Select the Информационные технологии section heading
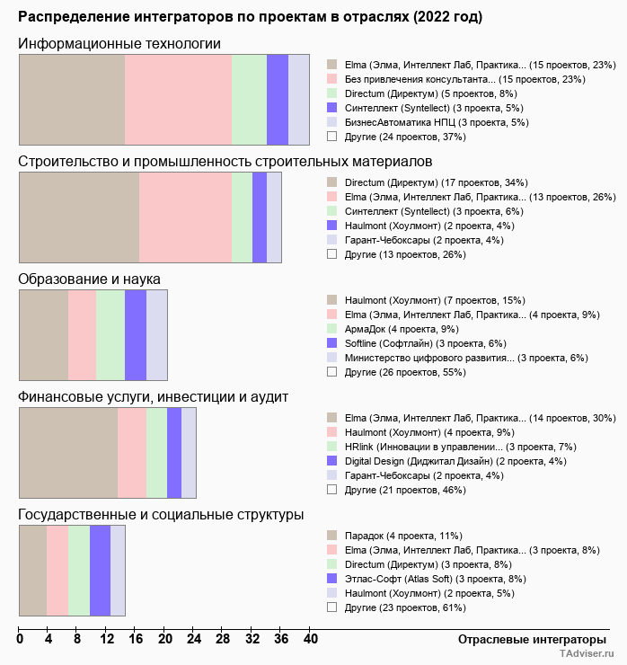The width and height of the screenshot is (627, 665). (x=119, y=44)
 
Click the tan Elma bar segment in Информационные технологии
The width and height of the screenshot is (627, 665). (x=72, y=99)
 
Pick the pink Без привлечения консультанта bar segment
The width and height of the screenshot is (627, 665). (x=178, y=99)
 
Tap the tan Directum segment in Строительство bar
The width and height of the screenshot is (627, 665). (x=79, y=217)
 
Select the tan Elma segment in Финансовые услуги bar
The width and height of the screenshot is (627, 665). (x=68, y=453)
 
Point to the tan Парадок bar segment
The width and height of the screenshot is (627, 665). (x=32, y=571)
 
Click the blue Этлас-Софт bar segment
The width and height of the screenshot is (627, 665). (x=100, y=571)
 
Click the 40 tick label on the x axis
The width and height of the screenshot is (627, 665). (x=310, y=640)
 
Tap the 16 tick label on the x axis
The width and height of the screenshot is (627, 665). (x=136, y=640)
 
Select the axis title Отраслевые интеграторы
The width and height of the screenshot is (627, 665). (x=526, y=639)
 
